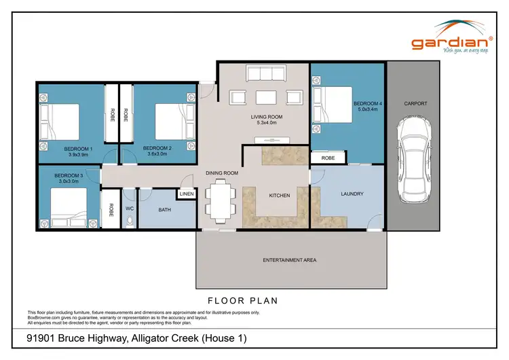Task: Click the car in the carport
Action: click(415, 156)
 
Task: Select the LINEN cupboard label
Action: click(186, 195)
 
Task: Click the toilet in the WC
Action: click(130, 220)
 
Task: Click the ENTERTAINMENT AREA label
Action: click(290, 260)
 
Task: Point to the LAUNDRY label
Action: click(352, 194)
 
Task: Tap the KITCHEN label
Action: click(279, 196)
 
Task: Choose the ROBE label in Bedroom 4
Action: click(328, 158)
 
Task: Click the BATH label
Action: click(165, 210)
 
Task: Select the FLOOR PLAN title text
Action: click(242, 300)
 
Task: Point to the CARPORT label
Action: click(415, 104)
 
